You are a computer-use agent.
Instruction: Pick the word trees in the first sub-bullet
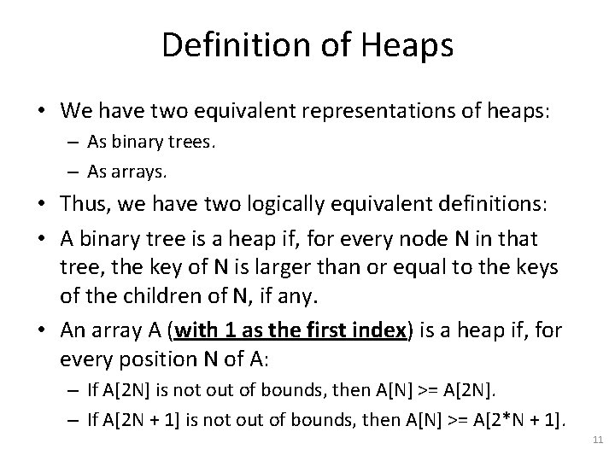click(196, 143)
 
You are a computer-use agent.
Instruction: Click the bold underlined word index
click(374, 330)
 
